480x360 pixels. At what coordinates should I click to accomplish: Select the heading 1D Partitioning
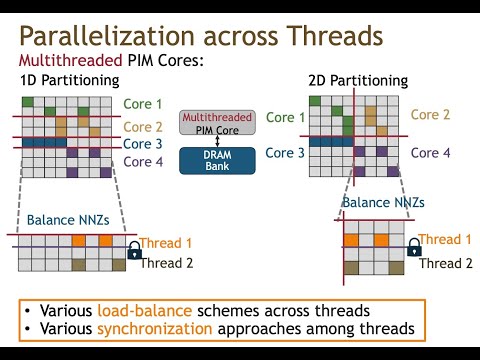pos(70,80)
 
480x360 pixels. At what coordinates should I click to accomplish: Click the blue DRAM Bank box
pos(217,160)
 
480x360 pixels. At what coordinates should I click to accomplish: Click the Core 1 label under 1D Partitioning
pos(142,104)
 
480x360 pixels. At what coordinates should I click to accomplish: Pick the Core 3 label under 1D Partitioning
pos(142,144)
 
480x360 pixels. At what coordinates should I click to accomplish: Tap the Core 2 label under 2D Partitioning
pos(432,115)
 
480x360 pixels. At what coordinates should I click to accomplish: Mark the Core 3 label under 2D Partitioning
pos(286,153)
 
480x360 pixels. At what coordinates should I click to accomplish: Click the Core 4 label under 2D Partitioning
pos(432,153)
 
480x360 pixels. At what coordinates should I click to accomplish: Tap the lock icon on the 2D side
pos(408,249)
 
